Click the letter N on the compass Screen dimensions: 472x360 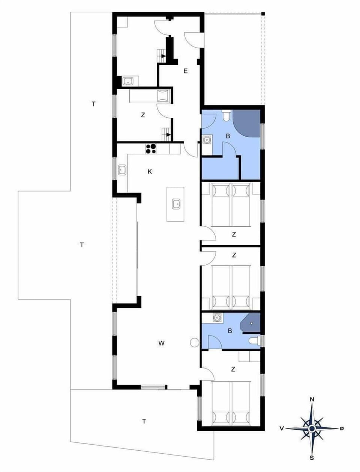[x=311, y=400]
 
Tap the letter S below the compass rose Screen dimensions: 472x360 [x=311, y=457]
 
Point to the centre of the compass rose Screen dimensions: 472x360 [x=311, y=428]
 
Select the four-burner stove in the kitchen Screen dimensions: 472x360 [x=151, y=149]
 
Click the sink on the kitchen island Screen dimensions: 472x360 [x=176, y=204]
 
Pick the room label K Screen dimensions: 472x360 [x=150, y=172]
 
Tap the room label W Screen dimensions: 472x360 [x=161, y=343]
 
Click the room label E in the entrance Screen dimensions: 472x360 [x=185, y=71]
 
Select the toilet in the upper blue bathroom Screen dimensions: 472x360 [x=226, y=116]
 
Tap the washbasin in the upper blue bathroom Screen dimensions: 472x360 [x=207, y=140]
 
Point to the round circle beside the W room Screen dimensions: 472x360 [x=194, y=342]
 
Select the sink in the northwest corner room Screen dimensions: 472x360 [x=128, y=81]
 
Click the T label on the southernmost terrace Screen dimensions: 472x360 [x=144, y=421]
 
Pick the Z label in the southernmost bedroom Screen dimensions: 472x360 [x=233, y=369]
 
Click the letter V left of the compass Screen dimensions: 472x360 [x=281, y=428]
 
